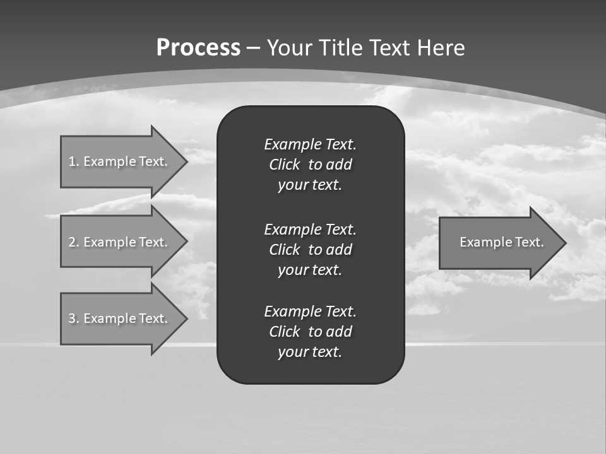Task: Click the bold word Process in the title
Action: [198, 48]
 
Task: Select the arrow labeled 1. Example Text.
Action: [118, 161]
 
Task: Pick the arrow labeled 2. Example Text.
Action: [118, 242]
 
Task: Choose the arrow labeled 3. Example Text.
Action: [118, 318]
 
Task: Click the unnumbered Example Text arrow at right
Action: [501, 242]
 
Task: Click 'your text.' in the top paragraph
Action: [310, 185]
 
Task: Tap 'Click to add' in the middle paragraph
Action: [310, 250]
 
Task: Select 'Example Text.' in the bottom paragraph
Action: [310, 311]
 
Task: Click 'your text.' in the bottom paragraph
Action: [310, 352]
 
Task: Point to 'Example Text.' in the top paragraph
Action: [310, 144]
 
